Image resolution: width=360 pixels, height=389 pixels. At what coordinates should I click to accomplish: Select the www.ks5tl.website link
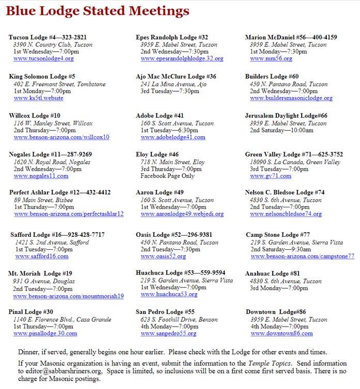point(38,98)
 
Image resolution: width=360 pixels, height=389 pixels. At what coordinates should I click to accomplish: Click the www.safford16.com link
point(41,256)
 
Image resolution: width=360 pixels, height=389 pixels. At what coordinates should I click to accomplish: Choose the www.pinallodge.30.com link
point(45,334)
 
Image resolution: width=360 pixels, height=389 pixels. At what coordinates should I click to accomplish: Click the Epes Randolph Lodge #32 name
point(171,38)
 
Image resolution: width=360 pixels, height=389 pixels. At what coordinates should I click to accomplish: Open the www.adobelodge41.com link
point(173,137)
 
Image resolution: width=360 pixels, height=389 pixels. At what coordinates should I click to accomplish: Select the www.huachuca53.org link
point(169,294)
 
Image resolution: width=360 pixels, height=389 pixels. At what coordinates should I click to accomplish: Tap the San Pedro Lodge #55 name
point(165,312)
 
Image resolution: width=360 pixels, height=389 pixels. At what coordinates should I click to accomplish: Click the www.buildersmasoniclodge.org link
point(291,98)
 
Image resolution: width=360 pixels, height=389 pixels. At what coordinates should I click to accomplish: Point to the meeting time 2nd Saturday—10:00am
point(281,131)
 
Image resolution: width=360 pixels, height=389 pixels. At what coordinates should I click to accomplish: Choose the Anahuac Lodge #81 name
point(272,273)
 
